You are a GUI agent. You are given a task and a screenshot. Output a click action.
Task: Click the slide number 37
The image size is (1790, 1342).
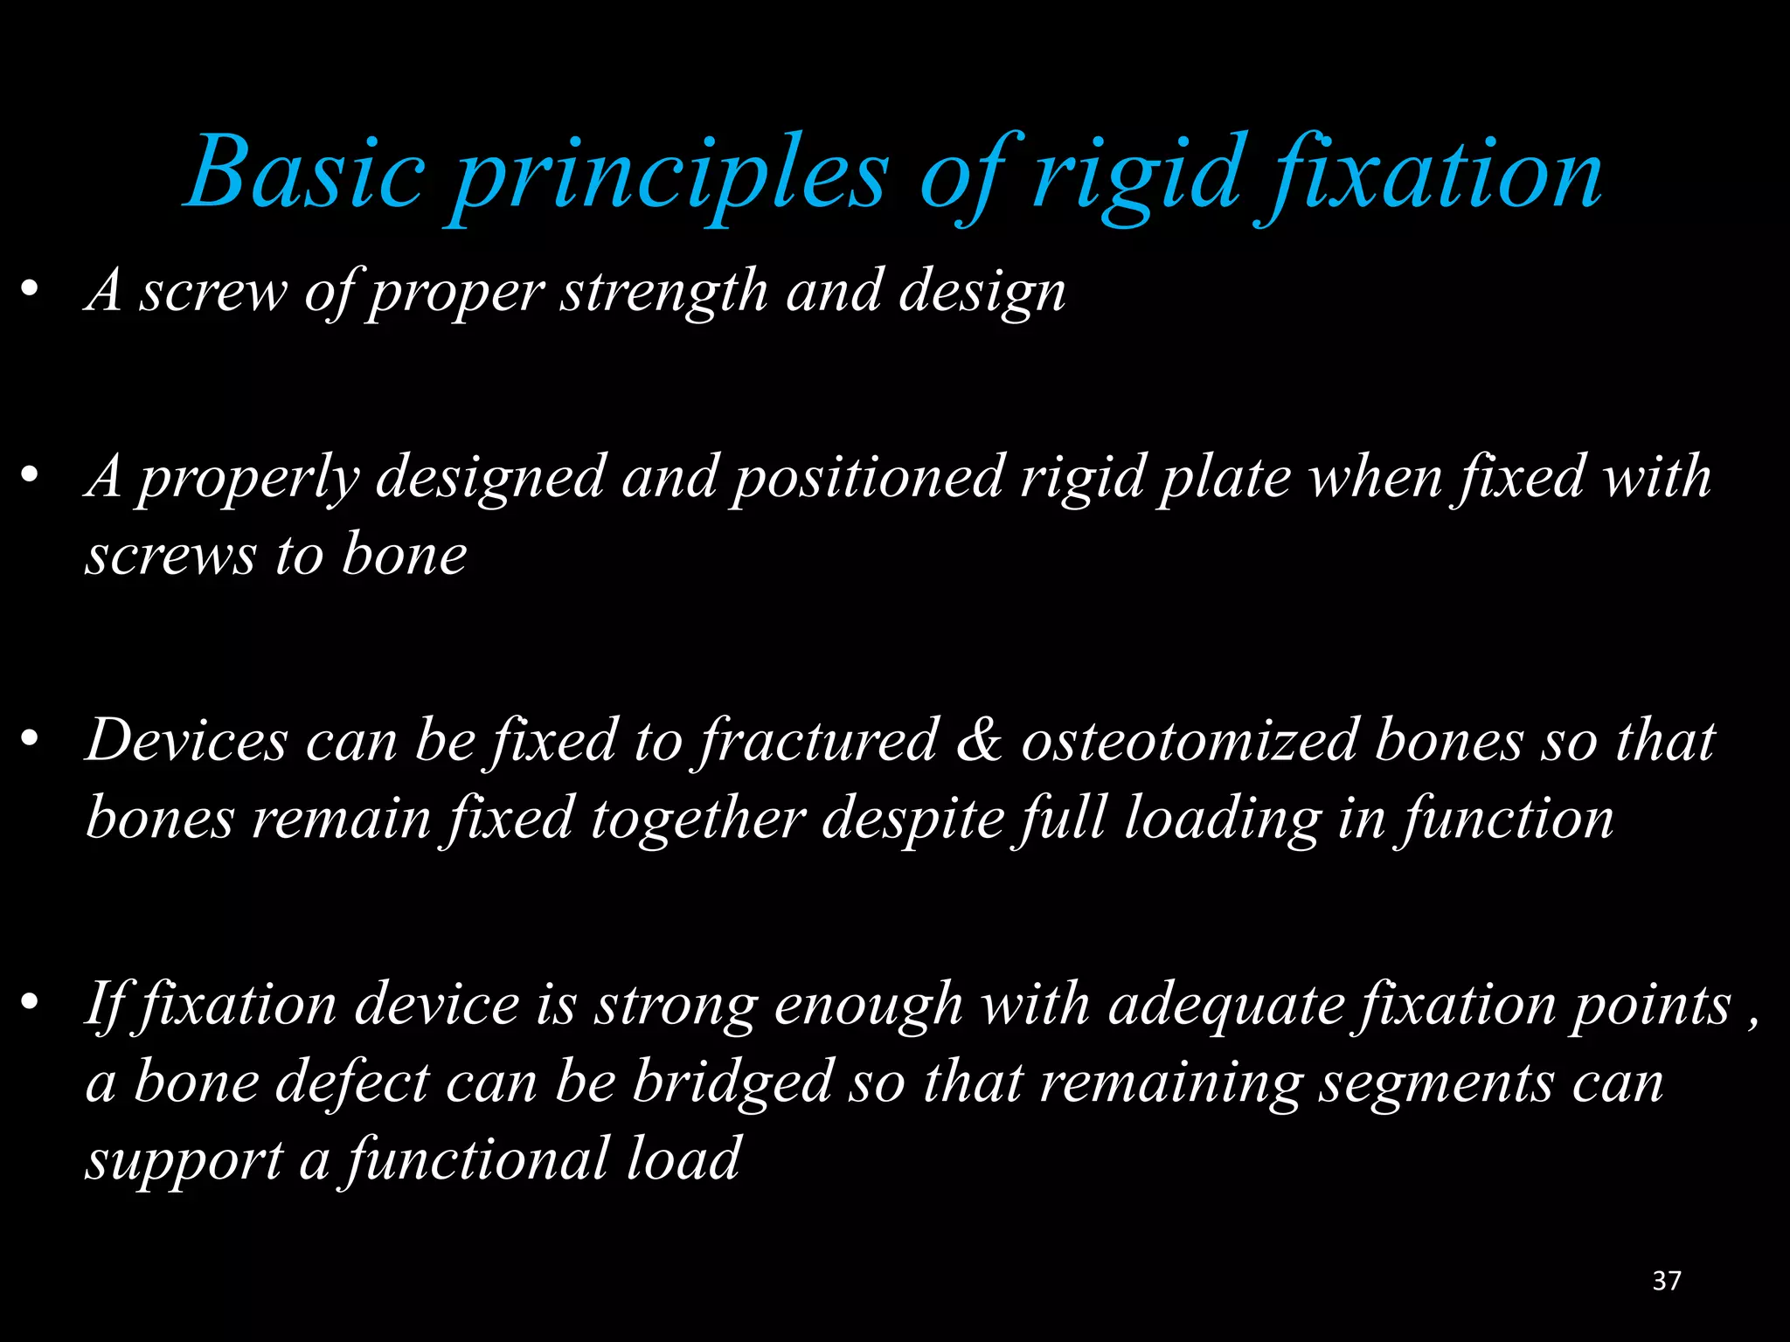[1667, 1281]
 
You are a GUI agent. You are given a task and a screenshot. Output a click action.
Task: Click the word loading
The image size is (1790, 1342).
[1222, 820]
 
